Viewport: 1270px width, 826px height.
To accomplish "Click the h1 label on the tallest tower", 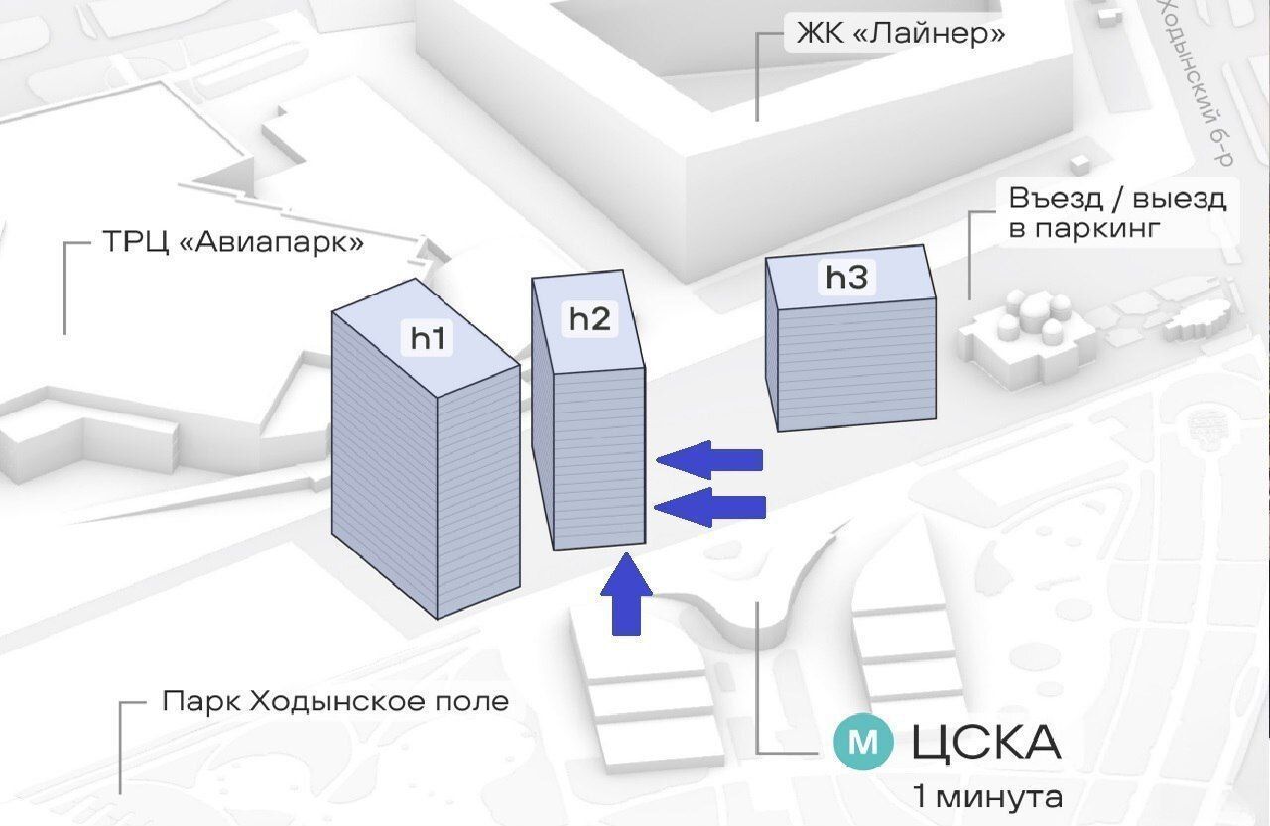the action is click(x=428, y=338).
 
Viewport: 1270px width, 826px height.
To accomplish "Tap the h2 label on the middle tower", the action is click(x=589, y=319).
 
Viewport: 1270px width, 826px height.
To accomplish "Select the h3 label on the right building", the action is click(x=847, y=277).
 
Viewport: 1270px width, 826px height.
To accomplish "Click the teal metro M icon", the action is click(x=863, y=742).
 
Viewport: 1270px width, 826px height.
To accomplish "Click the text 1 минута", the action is click(x=987, y=797).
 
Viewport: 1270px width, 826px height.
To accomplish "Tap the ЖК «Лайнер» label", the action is click(x=900, y=33).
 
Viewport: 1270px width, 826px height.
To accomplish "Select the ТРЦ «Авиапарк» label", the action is click(x=233, y=243).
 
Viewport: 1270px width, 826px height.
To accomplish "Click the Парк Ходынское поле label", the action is click(x=335, y=701).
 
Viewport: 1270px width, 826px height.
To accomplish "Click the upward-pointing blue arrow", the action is click(x=626, y=595).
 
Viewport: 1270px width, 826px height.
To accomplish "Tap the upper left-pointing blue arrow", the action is click(x=709, y=459).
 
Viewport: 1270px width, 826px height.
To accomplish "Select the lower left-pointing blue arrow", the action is click(x=709, y=507).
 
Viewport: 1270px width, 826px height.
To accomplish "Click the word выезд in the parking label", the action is click(x=1180, y=199).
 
